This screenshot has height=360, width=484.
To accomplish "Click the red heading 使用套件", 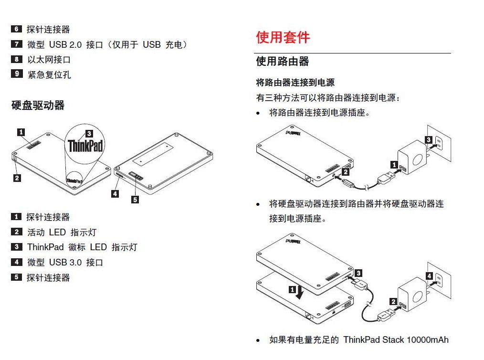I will point(283,37).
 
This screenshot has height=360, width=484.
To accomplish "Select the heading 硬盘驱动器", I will point(38,106).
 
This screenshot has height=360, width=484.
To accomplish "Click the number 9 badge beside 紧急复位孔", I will point(17,74).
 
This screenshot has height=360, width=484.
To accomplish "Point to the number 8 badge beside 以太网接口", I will point(17,59).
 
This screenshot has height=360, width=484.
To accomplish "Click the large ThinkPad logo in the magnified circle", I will point(85,145).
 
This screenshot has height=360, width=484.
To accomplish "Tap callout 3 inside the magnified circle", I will point(89,134).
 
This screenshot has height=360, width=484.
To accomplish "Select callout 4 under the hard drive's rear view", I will point(115,193).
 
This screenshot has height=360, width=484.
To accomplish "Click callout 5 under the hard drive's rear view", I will point(135,200).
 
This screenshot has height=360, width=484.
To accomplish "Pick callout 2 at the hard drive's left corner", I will point(17,178).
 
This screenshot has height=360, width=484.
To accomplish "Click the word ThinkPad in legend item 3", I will point(45,247).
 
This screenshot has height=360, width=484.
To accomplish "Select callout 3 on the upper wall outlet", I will point(428,139).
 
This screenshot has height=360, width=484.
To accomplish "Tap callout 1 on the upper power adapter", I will point(394,165).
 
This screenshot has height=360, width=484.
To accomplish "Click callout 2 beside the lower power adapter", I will point(393,301).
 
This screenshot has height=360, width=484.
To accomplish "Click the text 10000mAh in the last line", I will point(428,340).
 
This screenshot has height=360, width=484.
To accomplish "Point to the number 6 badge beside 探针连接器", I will point(17,29).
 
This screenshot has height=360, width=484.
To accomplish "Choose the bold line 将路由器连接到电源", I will point(295,83).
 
